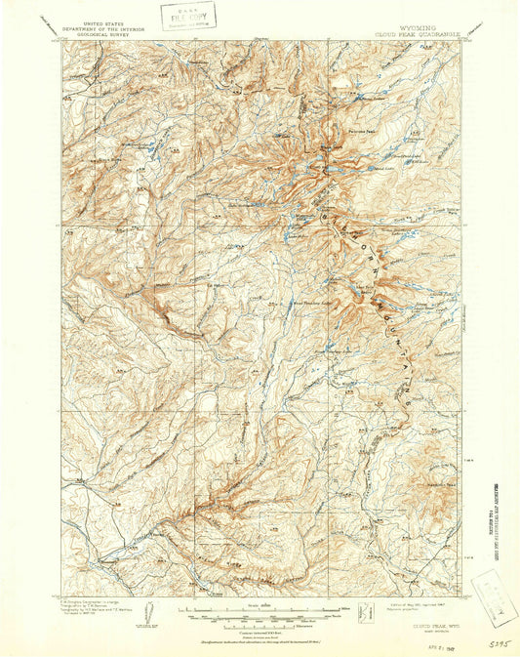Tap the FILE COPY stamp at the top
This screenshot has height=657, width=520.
point(189,17)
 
